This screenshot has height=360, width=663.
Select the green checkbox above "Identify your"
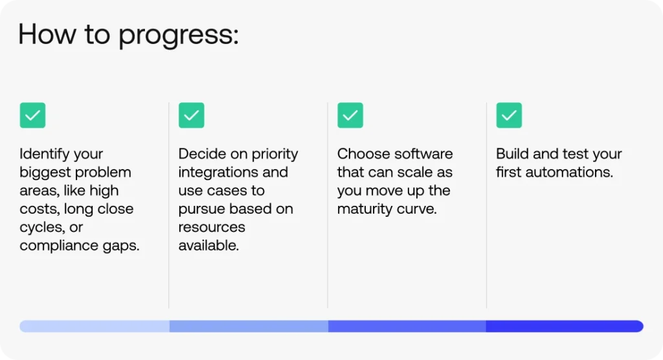click(x=32, y=115)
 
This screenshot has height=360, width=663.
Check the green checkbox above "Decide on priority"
click(x=191, y=115)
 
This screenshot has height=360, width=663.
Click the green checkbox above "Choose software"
click(x=350, y=115)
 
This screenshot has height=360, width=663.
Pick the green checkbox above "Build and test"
click(x=509, y=115)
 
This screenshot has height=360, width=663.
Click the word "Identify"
click(x=43, y=154)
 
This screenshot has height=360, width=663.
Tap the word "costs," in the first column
click(x=41, y=209)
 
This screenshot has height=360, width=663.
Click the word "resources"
click(x=212, y=227)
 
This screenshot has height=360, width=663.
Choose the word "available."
click(x=208, y=246)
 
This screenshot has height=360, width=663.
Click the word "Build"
click(x=511, y=154)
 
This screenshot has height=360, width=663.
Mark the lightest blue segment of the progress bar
click(x=95, y=326)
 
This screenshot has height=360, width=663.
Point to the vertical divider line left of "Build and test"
click(x=486, y=205)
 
